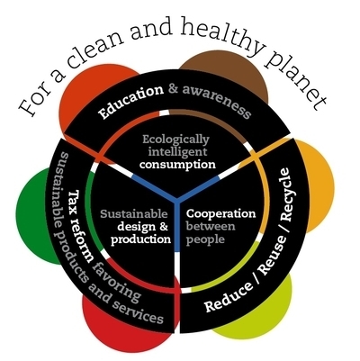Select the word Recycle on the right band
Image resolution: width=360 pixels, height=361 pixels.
tap(287, 194)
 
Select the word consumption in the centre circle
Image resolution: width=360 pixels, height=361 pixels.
tap(177, 165)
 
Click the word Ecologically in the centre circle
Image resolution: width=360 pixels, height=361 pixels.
tap(175, 140)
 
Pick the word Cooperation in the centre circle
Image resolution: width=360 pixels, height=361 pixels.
tap(221, 213)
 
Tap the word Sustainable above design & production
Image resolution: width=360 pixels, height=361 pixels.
tap(134, 214)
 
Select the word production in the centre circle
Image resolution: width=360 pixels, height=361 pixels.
tap(140, 240)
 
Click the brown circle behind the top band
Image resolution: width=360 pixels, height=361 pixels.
tap(223, 72)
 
